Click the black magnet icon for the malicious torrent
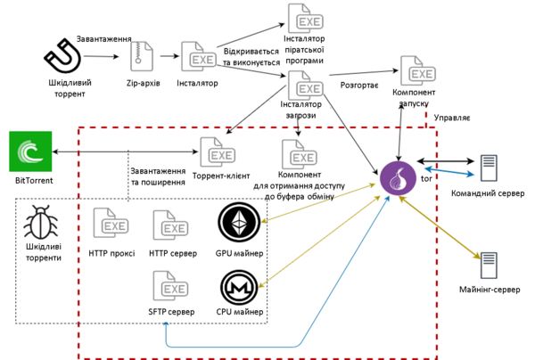(63, 56)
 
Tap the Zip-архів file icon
(142, 57)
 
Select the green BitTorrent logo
(30, 151)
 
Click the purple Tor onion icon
(399, 178)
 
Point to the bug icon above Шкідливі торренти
(41, 222)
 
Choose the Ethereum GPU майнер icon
(239, 223)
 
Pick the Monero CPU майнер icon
(239, 288)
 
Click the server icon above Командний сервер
(489, 168)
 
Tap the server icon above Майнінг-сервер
(489, 266)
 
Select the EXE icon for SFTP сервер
(170, 286)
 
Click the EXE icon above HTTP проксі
(111, 223)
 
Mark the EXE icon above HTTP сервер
(170, 225)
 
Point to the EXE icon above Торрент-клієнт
(218, 152)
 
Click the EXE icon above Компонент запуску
(418, 70)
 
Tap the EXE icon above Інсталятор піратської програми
(306, 19)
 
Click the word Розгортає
(359, 86)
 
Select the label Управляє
(452, 118)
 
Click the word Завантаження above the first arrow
(103, 39)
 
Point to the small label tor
(426, 178)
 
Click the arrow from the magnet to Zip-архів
(102, 56)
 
